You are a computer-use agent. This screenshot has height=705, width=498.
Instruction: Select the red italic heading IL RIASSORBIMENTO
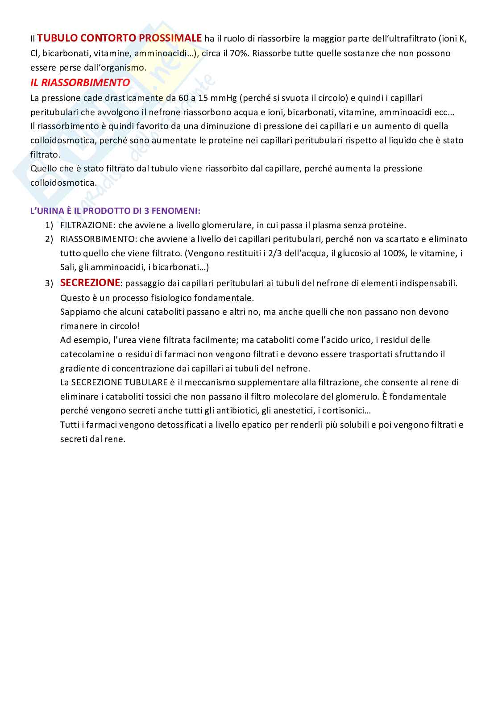pyautogui.click(x=80, y=83)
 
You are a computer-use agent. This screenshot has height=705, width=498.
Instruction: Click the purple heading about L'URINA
pyautogui.click(x=115, y=210)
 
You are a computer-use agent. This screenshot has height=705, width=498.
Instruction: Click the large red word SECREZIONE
pyautogui.click(x=90, y=283)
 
